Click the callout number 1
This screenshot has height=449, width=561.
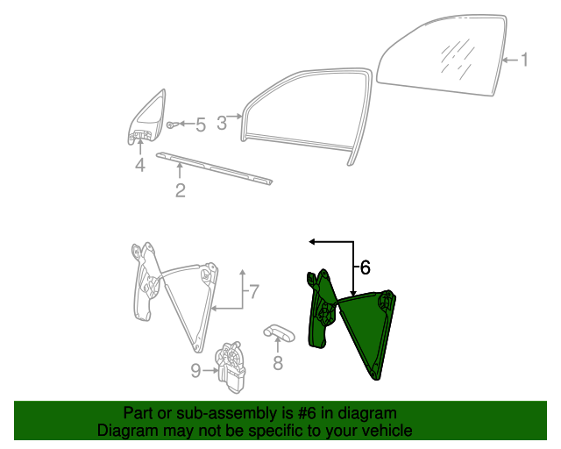pyautogui.click(x=524, y=60)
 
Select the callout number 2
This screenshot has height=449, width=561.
pyautogui.click(x=181, y=190)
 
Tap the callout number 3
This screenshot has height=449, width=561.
pyautogui.click(x=222, y=123)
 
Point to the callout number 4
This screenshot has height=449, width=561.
pyautogui.click(x=140, y=165)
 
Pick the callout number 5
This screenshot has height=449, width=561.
pyautogui.click(x=201, y=125)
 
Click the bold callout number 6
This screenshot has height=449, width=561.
pyautogui.click(x=365, y=267)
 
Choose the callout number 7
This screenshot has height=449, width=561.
pyautogui.click(x=253, y=291)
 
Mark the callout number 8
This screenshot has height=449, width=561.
pyautogui.click(x=278, y=363)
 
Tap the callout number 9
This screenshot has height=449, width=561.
pyautogui.click(x=195, y=371)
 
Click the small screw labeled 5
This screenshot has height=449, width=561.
pyautogui.click(x=171, y=125)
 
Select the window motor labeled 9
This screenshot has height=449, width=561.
pyautogui.click(x=230, y=367)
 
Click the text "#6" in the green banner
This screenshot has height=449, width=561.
pyautogui.click(x=307, y=414)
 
